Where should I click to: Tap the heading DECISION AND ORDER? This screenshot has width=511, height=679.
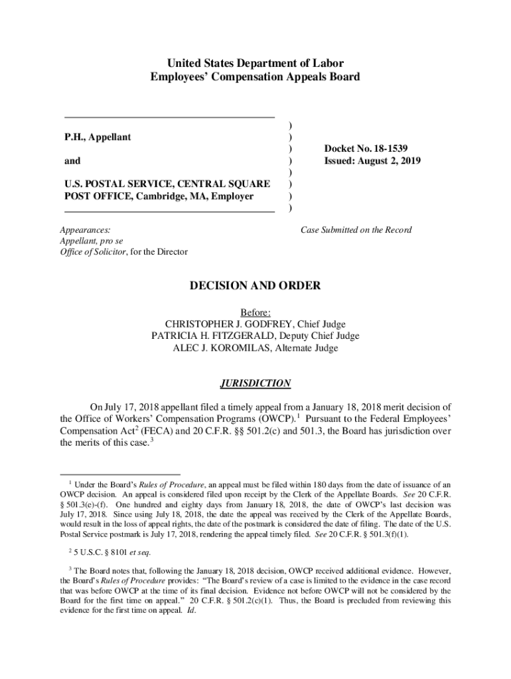(x=256, y=286)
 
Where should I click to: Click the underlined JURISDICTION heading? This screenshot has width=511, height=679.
(x=256, y=383)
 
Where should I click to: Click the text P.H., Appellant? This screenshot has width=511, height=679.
(x=98, y=137)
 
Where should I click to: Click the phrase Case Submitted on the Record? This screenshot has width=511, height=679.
(x=356, y=230)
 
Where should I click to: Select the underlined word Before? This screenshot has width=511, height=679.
(x=256, y=312)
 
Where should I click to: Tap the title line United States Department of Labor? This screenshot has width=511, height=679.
(x=256, y=64)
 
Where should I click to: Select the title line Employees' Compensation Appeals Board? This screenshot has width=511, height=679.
(x=256, y=77)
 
